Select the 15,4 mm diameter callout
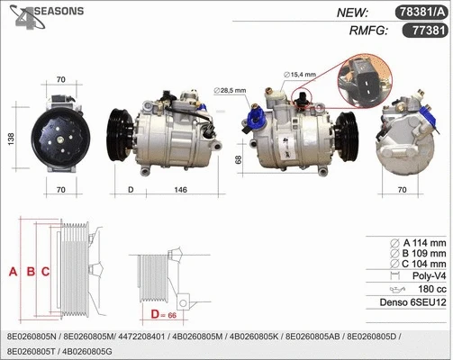pyautogui.click(x=303, y=73)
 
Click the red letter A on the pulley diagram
pyautogui.click(x=14, y=272)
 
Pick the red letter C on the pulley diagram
pyautogui.click(x=45, y=272)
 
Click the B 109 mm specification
pyautogui.click(x=418, y=254)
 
